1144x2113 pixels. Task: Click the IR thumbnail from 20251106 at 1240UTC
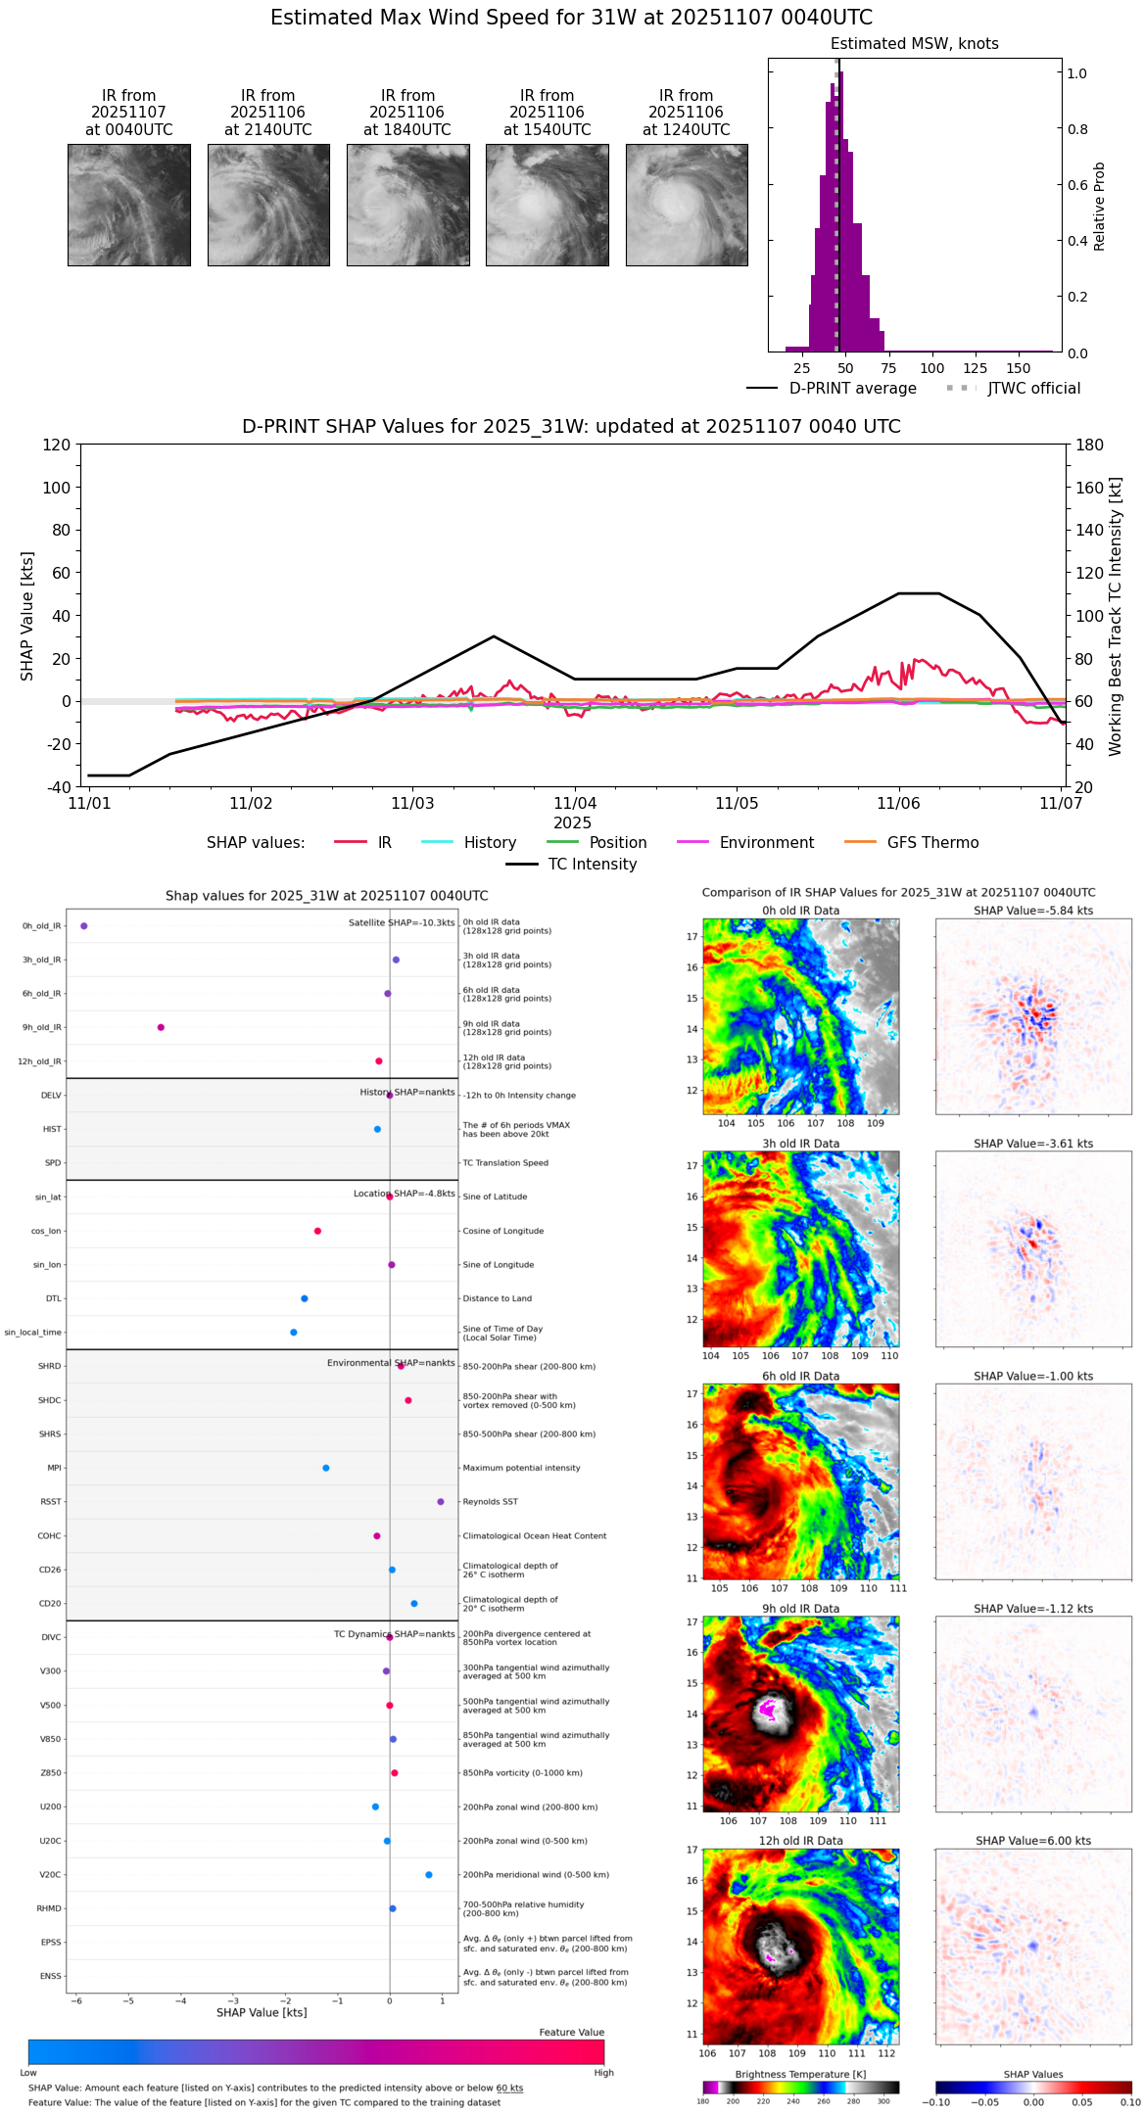(x=686, y=205)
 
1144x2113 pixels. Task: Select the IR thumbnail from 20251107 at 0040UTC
(x=128, y=205)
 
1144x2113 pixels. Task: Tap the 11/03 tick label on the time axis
(x=412, y=804)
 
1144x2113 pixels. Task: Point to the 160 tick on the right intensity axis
(x=1090, y=487)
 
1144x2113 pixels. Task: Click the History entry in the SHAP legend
(x=490, y=842)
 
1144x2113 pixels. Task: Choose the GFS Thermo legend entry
(x=932, y=842)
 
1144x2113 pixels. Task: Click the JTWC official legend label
(x=1033, y=388)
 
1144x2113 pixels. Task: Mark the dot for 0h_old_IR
(x=84, y=925)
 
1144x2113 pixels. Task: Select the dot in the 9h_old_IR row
(x=161, y=1027)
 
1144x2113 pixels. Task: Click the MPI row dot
(x=326, y=1468)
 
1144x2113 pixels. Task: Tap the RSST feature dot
(x=441, y=1501)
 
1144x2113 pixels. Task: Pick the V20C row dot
(x=429, y=1874)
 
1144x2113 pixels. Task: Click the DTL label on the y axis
(x=53, y=1298)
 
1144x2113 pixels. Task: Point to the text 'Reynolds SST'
(x=490, y=1501)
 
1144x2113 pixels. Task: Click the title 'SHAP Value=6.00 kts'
(x=1033, y=1841)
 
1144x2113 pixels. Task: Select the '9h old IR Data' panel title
(x=800, y=1609)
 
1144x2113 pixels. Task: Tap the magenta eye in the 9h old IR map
(x=767, y=1711)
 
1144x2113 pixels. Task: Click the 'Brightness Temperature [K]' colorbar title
(x=800, y=2074)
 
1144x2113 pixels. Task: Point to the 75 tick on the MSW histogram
(x=888, y=368)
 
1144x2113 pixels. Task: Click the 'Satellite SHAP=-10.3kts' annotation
(x=402, y=922)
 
